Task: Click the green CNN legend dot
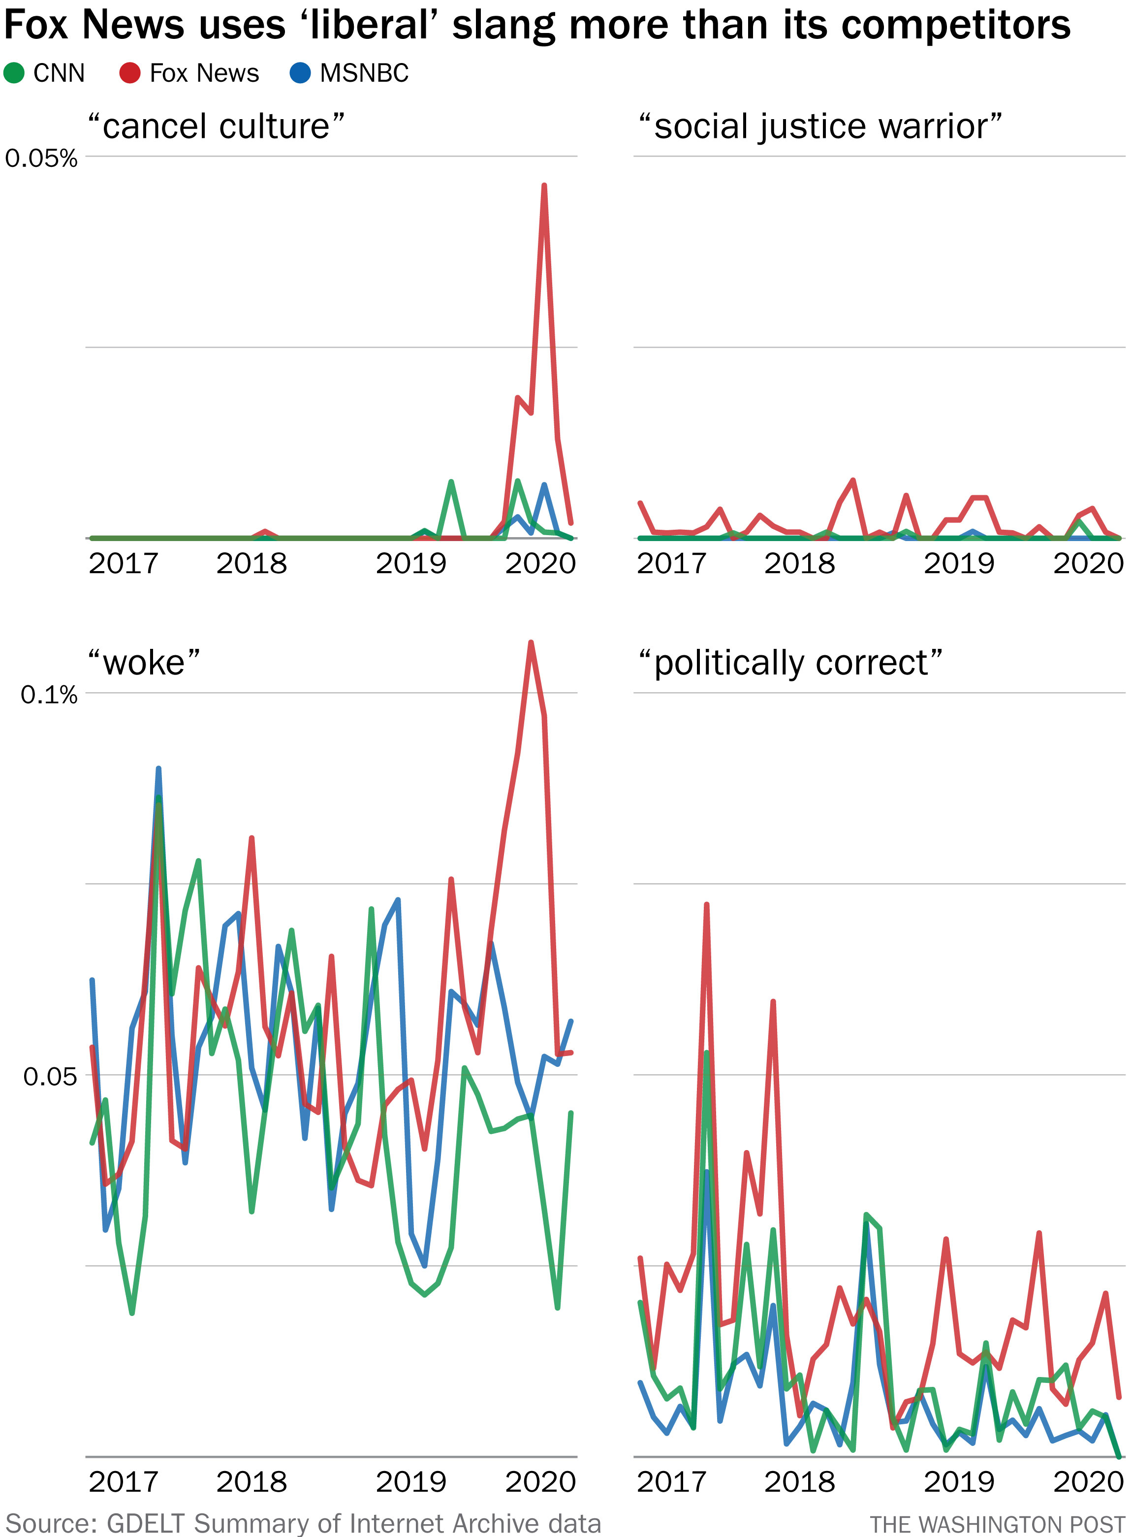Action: [x=14, y=73]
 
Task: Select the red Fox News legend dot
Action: [x=130, y=73]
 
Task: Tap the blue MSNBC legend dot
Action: [x=300, y=73]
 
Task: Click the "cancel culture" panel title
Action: [x=216, y=127]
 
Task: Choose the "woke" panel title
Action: [x=144, y=663]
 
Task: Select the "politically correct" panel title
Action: [x=790, y=663]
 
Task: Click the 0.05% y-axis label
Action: [x=41, y=159]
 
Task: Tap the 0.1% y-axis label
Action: [x=49, y=695]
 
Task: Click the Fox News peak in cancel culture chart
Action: [x=544, y=186]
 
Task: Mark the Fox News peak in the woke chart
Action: [x=531, y=643]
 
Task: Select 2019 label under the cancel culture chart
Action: [x=410, y=563]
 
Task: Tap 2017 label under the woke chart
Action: [x=124, y=1481]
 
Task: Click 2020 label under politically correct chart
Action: [x=1088, y=1481]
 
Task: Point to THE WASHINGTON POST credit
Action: [x=997, y=1525]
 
